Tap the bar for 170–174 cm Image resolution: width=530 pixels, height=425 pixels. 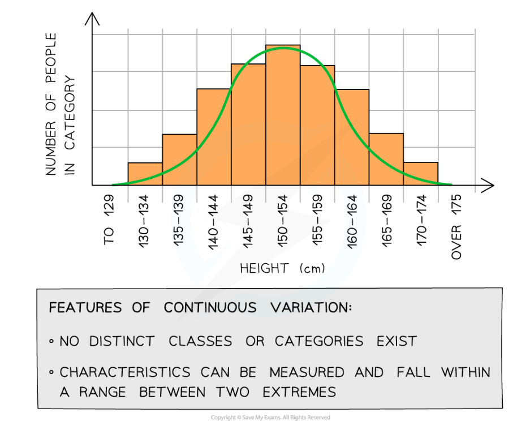pyautogui.click(x=421, y=174)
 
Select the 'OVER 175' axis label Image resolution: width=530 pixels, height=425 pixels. pyautogui.click(x=457, y=227)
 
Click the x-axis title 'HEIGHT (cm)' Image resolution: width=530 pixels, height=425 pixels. pyautogui.click(x=283, y=268)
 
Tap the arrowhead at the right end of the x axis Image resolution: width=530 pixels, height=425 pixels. pyautogui.click(x=488, y=185)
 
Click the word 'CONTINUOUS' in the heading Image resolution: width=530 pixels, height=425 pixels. pyautogui.click(x=210, y=308)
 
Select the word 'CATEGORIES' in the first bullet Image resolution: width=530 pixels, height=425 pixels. pyautogui.click(x=319, y=341)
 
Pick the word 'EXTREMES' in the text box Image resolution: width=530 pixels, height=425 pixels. pyautogui.click(x=299, y=391)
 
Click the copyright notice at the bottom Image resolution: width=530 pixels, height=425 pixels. pyautogui.click(x=270, y=418)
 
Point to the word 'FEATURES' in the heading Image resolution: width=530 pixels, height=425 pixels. pyautogui.click(x=85, y=308)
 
